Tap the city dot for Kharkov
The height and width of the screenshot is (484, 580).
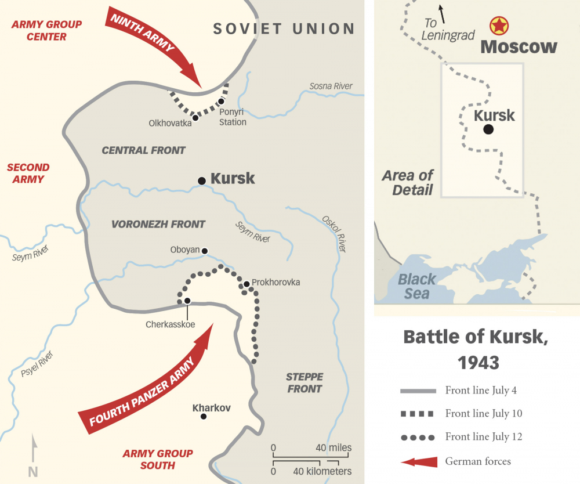203,416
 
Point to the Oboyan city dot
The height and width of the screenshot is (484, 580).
204,251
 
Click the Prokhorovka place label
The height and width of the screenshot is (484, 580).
276,283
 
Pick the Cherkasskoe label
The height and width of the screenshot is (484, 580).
171,324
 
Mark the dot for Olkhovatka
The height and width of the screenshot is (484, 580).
195,117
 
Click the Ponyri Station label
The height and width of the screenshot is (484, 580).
233,117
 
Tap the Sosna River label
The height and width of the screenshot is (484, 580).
331,86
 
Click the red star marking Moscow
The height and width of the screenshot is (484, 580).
498,25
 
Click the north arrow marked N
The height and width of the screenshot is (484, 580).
34,456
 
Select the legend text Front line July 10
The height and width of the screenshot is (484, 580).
484,414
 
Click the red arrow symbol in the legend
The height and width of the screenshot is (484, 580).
418,461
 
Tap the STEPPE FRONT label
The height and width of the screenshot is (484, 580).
304,383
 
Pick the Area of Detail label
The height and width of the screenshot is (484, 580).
408,182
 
